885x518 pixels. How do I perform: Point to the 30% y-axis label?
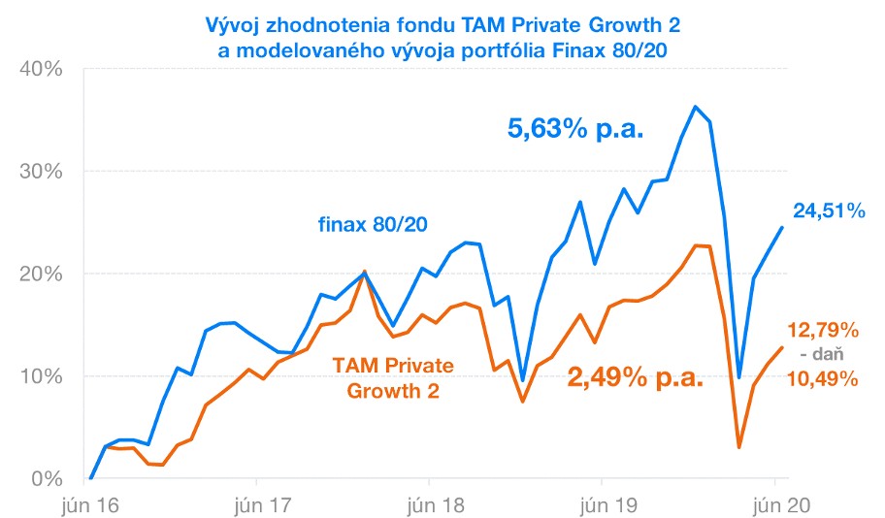(41, 172)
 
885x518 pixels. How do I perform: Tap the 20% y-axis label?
(41, 274)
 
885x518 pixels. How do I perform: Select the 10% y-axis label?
(41, 376)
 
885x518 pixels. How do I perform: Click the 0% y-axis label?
(47, 479)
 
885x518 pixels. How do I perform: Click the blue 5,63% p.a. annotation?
(576, 127)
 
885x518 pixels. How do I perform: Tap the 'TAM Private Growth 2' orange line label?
(386, 377)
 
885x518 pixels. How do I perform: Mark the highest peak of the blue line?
(696, 106)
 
